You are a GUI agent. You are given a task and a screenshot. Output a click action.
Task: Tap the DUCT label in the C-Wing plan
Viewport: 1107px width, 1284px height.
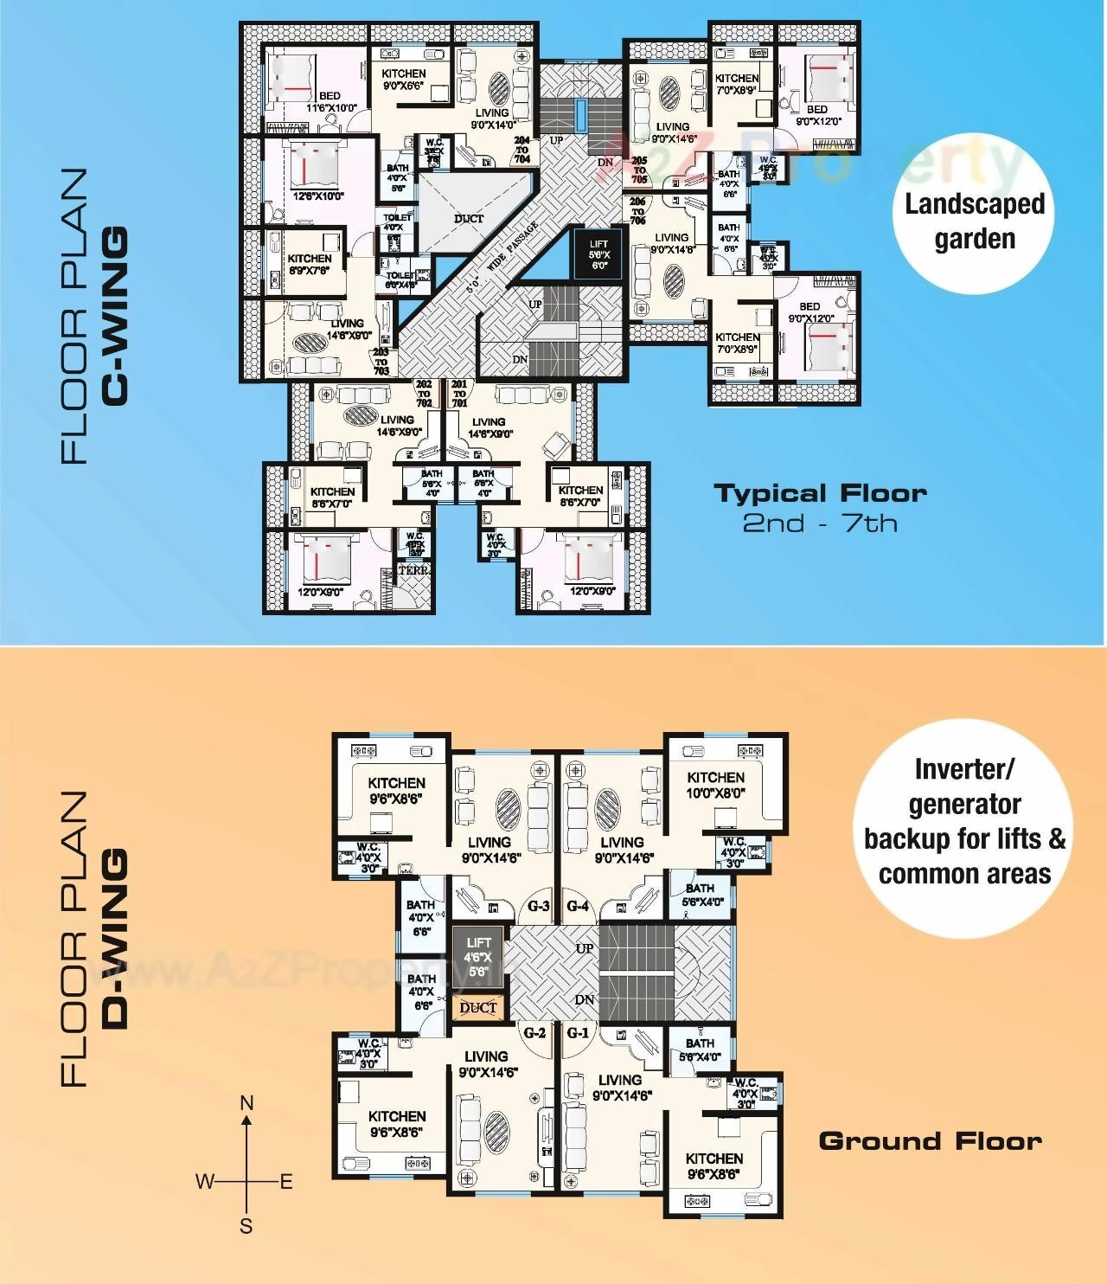pos(469,219)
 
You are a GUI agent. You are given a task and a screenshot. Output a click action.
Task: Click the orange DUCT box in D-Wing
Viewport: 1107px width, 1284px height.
pos(478,1007)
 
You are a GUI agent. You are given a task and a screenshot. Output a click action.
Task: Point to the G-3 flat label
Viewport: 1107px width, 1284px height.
pos(538,907)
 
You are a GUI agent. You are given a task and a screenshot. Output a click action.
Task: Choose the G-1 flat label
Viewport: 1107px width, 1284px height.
pos(578,1033)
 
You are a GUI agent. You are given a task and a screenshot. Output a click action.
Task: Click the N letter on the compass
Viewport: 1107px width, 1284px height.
pos(246,1103)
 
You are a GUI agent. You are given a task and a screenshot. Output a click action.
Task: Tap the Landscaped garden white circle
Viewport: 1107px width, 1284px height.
pos(974,221)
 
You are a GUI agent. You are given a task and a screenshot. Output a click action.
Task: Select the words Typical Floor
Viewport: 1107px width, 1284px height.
pos(820,494)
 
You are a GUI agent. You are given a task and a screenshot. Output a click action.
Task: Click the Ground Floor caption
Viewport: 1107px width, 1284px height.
pos(930,1141)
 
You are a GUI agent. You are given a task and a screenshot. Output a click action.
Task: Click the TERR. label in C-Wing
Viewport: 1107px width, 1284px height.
pos(414,571)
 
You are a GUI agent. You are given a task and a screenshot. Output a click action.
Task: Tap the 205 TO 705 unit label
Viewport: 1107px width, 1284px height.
pos(639,170)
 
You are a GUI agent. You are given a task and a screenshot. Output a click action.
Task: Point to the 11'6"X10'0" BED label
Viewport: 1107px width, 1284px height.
pos(330,102)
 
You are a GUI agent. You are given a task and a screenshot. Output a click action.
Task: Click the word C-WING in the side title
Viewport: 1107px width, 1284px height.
pos(115,316)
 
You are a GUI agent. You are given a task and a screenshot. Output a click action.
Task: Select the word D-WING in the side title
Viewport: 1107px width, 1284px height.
pos(115,939)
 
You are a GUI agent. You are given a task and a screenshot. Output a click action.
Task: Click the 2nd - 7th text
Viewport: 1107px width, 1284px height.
pos(820,523)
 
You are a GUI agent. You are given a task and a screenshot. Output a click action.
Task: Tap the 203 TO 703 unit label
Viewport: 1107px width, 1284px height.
pos(381,361)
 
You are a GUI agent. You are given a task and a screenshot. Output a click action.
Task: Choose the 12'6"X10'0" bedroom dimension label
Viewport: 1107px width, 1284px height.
pos(318,196)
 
